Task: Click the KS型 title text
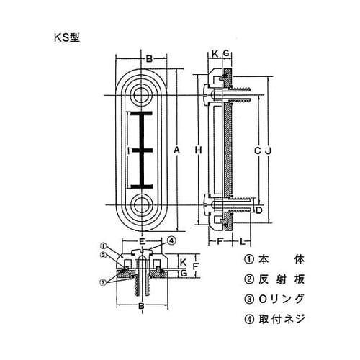pos(67,37)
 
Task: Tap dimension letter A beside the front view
pos(176,150)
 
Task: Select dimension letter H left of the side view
pos(198,150)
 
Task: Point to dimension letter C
pos(257,150)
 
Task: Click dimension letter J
pos(269,150)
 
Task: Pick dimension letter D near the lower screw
pos(258,210)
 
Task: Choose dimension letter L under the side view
pos(243,241)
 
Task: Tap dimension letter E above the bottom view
pos(142,241)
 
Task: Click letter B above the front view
pos(149,59)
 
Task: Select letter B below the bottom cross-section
pos(142,306)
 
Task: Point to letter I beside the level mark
pos(129,150)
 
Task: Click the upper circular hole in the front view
pos(143,95)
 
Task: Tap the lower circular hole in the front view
pos(143,205)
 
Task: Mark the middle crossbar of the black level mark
pos(142,150)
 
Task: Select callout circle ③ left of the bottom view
pos(102,283)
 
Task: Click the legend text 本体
pos(282,259)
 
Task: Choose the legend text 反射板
pos(282,279)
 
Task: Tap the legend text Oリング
pos(282,299)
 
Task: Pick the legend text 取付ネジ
pos(282,319)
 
